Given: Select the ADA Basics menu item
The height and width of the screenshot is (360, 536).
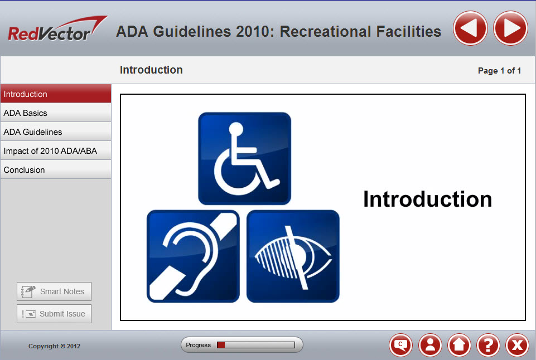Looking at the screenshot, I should (56, 113).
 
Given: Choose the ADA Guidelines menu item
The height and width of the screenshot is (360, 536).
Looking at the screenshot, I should (56, 132).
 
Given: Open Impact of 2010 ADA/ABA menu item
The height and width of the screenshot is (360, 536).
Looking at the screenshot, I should (56, 151).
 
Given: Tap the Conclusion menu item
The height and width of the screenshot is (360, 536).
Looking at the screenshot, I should (56, 170).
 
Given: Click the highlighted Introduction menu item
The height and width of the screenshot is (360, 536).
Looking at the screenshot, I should (56, 94).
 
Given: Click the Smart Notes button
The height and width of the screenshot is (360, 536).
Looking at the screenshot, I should (54, 291).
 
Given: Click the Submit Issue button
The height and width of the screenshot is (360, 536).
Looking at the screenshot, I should (54, 314).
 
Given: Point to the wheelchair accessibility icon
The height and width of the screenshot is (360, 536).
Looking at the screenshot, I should (244, 158).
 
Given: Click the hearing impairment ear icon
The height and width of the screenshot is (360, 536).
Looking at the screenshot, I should (193, 256).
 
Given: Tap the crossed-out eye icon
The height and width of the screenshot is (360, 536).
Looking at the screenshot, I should (293, 256).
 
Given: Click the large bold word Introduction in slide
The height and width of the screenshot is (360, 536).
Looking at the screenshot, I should (427, 199).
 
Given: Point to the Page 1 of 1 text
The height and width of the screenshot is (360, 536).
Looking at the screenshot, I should (499, 71).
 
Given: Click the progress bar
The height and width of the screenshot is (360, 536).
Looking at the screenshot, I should (255, 345).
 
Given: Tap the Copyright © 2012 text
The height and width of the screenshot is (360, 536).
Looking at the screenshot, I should (55, 346).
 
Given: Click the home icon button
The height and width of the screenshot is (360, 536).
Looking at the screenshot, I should (459, 346).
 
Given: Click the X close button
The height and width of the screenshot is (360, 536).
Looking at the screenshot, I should (517, 346).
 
